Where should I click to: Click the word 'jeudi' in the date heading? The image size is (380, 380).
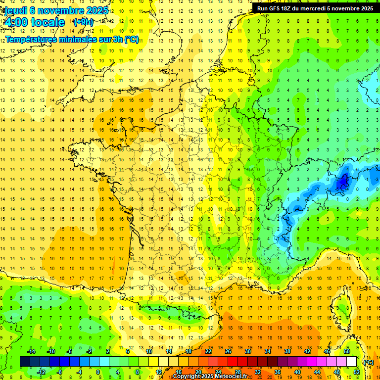(x=15, y=10)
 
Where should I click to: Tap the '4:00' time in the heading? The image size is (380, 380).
(x=16, y=22)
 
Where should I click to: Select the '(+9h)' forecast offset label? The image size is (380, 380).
(x=83, y=22)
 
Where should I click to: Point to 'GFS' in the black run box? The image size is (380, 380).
(x=276, y=8)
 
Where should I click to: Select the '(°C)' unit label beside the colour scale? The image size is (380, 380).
(x=369, y=362)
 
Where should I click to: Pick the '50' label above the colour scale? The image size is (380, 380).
(x=347, y=351)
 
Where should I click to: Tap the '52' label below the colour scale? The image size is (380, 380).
(x=357, y=372)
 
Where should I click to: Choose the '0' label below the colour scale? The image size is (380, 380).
(x=97, y=372)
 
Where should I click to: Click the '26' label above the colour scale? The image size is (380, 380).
(x=228, y=351)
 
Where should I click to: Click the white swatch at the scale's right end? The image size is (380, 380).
(x=352, y=362)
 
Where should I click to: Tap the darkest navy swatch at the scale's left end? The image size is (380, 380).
(x=25, y=362)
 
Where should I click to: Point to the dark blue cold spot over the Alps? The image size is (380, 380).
(x=341, y=184)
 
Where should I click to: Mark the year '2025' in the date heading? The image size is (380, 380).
(x=93, y=10)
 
